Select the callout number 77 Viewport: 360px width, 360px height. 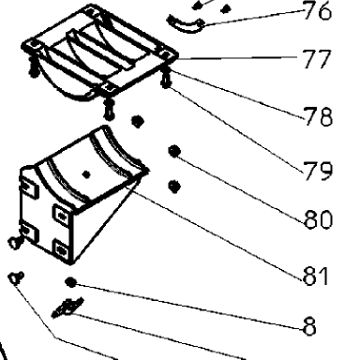[x=316, y=59]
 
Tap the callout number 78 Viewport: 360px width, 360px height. [x=318, y=116]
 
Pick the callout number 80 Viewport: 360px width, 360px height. [x=318, y=219]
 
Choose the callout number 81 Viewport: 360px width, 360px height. [x=316, y=276]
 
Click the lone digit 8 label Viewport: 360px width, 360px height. [x=309, y=326]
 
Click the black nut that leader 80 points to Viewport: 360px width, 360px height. [x=174, y=151]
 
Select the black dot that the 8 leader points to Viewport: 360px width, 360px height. [x=71, y=282]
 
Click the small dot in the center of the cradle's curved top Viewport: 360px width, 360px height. [x=86, y=174]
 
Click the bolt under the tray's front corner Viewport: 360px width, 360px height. [x=109, y=110]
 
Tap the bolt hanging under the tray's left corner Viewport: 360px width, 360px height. [x=33, y=67]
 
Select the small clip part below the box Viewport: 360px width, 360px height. [x=67, y=307]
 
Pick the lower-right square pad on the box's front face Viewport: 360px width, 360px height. [x=62, y=248]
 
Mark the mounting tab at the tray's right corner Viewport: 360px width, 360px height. [x=167, y=55]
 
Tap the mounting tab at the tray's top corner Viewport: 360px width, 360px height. [x=91, y=12]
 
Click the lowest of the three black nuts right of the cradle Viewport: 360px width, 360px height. [x=174, y=187]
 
